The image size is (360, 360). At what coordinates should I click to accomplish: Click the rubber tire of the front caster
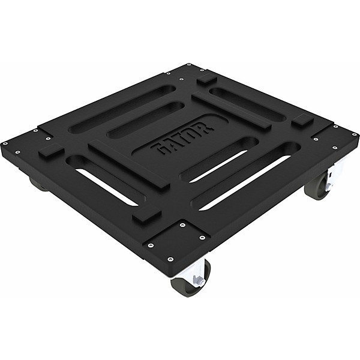(x=188, y=285)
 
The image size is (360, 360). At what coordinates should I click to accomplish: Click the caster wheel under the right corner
(x=316, y=190)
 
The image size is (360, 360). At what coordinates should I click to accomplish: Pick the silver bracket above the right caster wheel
(x=331, y=178)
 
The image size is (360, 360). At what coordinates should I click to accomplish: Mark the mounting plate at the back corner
(x=191, y=73)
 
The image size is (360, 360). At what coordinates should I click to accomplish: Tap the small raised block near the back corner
(x=206, y=79)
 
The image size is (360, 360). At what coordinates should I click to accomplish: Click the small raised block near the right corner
(x=303, y=120)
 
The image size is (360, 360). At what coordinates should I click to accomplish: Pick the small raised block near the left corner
(x=51, y=151)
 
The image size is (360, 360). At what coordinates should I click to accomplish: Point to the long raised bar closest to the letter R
(x=232, y=111)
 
